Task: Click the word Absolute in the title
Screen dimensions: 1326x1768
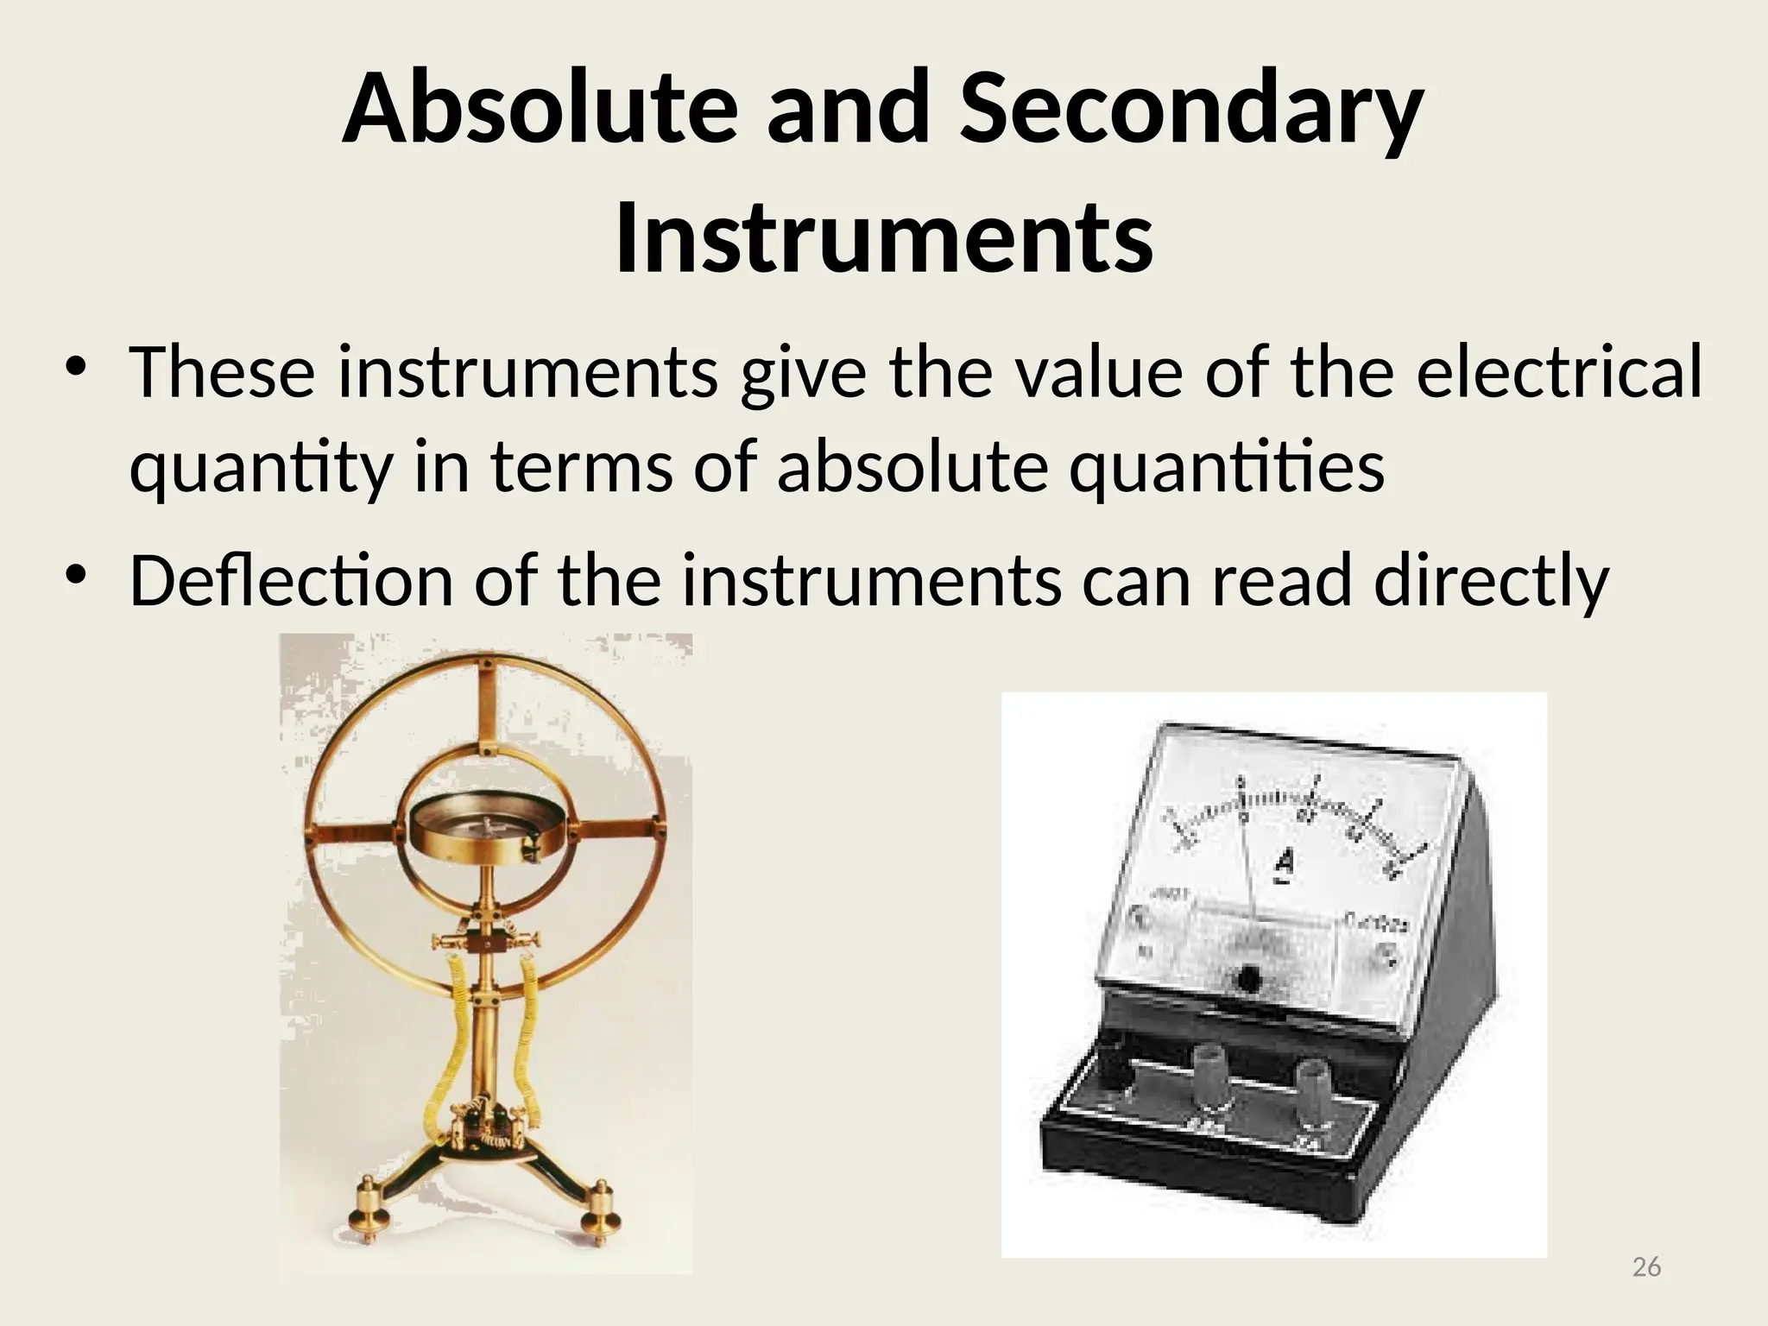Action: pyautogui.click(x=540, y=110)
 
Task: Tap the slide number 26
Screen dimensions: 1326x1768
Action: pyautogui.click(x=1647, y=1266)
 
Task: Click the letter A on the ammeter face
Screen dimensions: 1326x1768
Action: pyautogui.click(x=1285, y=863)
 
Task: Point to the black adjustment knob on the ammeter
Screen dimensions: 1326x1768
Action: pyautogui.click(x=1247, y=979)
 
